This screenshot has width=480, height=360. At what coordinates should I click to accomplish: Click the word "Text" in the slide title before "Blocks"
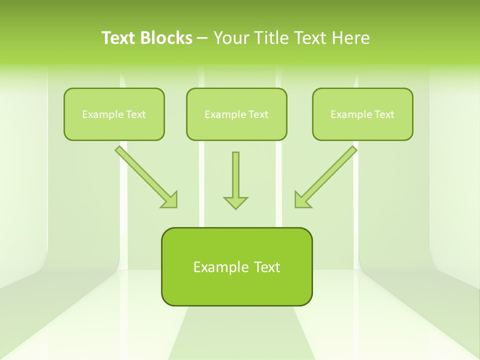tap(120, 38)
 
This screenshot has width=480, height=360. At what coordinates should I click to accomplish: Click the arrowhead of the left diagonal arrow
tap(169, 200)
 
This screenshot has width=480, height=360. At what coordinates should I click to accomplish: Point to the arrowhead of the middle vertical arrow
tap(235, 202)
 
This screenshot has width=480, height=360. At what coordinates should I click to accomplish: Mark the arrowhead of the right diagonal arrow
tap(302, 200)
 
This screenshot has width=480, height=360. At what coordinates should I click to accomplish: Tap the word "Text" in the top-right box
tap(384, 114)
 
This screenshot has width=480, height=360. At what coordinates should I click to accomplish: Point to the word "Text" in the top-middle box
tap(258, 114)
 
